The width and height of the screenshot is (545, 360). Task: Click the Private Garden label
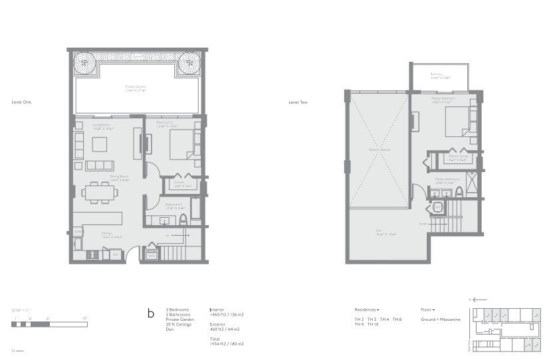136,87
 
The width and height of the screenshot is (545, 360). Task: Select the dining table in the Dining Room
100,192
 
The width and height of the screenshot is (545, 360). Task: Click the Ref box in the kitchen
115,254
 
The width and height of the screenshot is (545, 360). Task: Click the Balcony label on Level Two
436,74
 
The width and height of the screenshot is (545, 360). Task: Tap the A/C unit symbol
438,207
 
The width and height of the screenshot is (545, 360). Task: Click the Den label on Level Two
378,231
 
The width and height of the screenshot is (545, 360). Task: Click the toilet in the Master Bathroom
460,193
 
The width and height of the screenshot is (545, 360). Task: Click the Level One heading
21,102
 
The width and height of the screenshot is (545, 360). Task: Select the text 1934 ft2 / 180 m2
227,344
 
